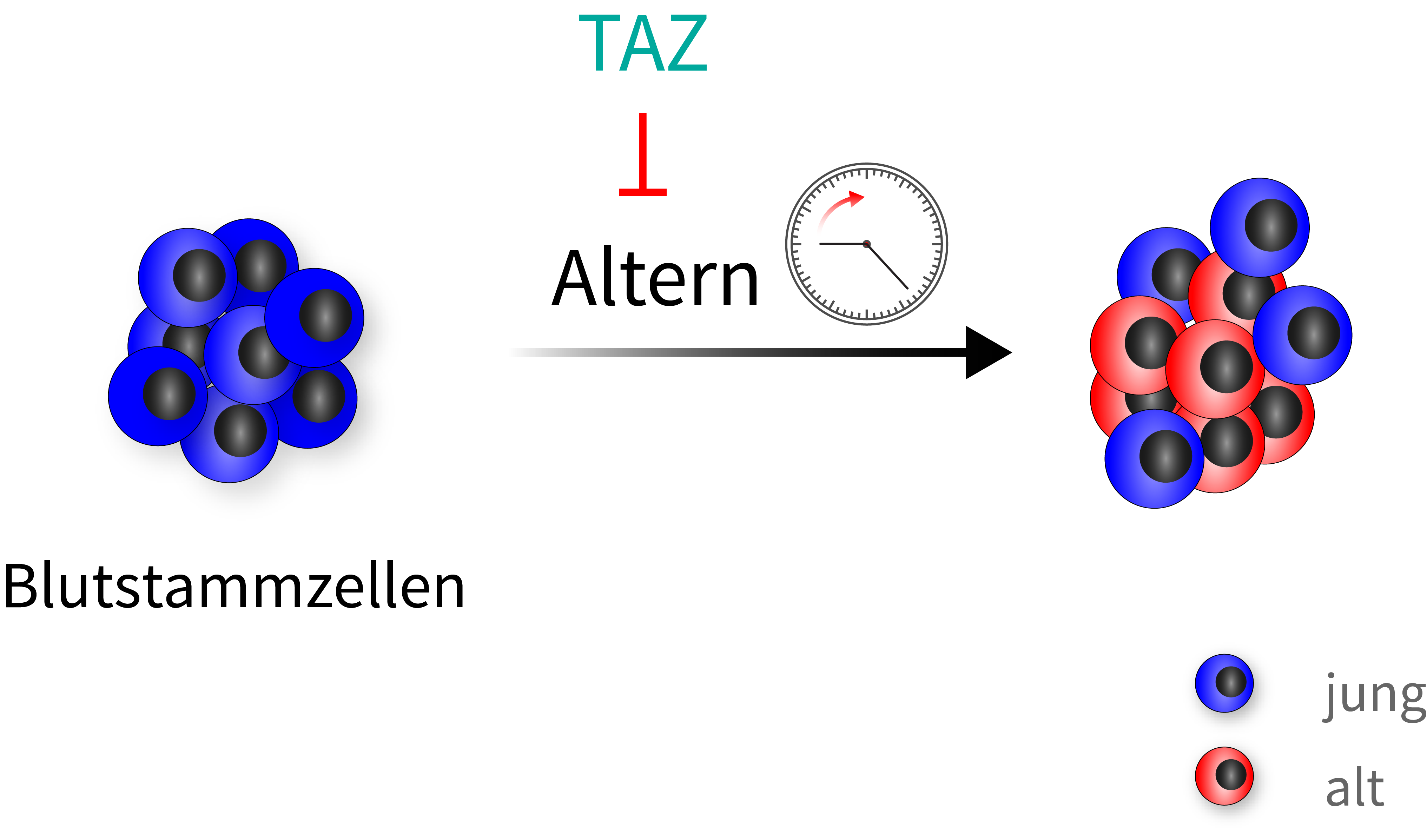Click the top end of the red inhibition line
(x=643, y=113)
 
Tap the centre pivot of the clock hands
(x=866, y=244)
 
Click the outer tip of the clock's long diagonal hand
(x=908, y=289)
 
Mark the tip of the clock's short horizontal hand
(x=820, y=244)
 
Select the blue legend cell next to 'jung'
(x=1224, y=683)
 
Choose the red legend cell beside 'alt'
(x=1224, y=776)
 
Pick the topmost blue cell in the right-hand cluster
(x=1260, y=227)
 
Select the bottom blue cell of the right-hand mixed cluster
(x=1154, y=459)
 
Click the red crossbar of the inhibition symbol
(x=643, y=192)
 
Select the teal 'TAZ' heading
(x=643, y=43)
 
